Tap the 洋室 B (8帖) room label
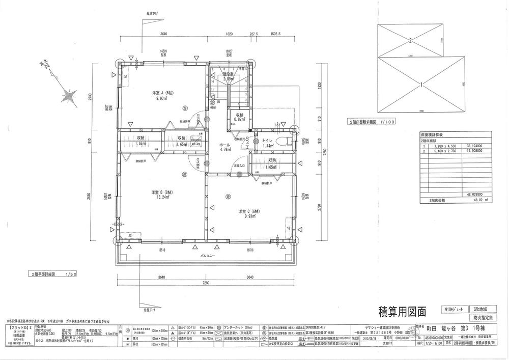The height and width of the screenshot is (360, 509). (x=162, y=192)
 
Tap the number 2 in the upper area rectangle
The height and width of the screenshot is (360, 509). (x=409, y=39)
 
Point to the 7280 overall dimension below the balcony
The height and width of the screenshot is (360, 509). (x=207, y=283)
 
